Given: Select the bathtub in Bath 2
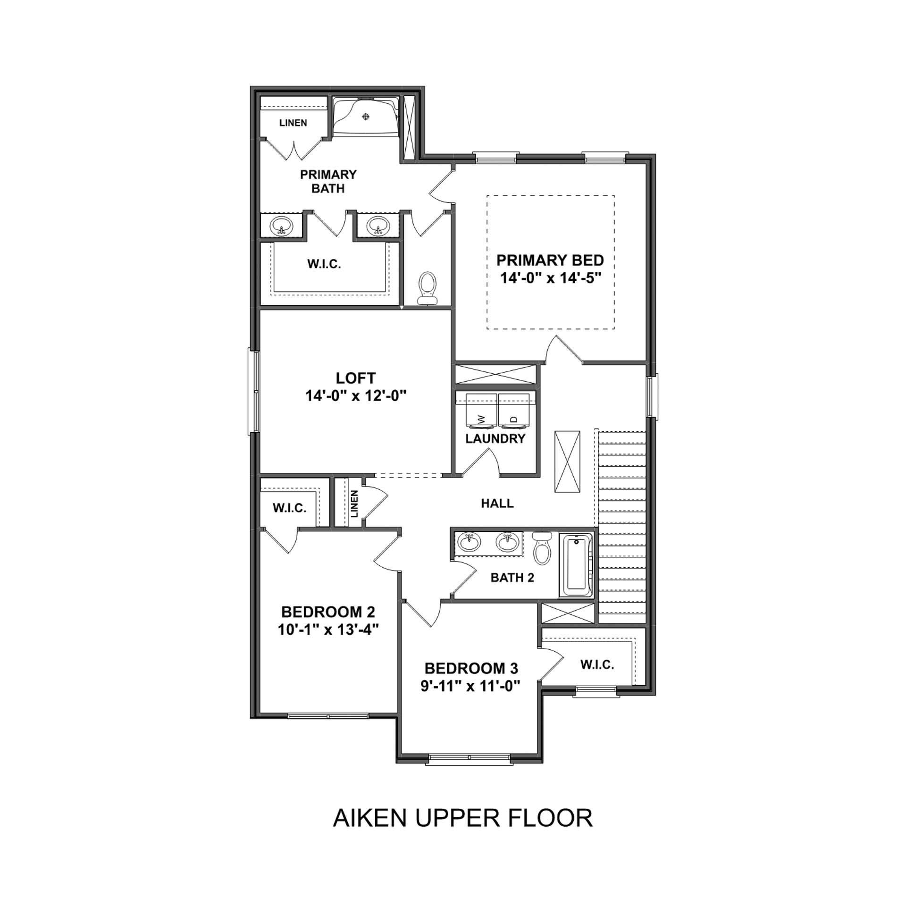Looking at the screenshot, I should point(577,566).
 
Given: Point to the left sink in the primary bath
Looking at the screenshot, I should point(281,226).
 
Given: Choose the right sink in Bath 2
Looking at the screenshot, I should point(507,542).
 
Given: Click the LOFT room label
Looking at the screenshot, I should point(356,378).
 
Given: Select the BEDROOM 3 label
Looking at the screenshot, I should point(471,668).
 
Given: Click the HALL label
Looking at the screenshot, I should point(497,503).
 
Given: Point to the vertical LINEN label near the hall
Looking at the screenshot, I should point(354,503).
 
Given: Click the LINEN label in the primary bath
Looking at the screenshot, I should point(293,123).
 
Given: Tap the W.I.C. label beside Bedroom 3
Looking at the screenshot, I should point(597,665).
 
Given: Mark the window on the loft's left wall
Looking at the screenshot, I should point(254,391).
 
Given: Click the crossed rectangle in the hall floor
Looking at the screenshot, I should point(567,461).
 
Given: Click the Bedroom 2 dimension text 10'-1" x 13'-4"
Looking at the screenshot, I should point(328,630).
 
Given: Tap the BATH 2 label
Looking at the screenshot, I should point(512,578).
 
